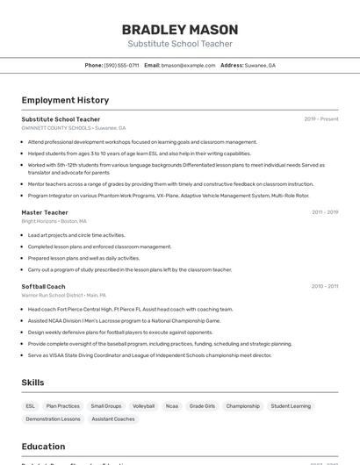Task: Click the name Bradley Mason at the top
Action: coord(180,29)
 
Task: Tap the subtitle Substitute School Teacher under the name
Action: coord(180,44)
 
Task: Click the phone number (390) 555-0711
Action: coord(121,65)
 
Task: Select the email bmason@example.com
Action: coord(189,65)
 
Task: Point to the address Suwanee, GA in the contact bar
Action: coord(260,65)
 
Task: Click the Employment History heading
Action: coord(65,100)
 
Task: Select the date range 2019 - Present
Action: coord(320,119)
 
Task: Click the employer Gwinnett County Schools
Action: coord(56,128)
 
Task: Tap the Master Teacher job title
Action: coord(45,212)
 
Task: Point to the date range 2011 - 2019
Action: coord(324,212)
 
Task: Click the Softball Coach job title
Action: coord(44,286)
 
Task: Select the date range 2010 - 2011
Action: coord(324,286)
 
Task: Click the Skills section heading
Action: coord(32,383)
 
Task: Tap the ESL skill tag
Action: coord(31,406)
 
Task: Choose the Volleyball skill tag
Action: coord(143,406)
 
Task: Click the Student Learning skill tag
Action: coord(291,406)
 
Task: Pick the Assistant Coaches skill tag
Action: coord(113,419)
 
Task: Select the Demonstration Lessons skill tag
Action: coord(53,419)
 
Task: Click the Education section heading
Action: coord(43,447)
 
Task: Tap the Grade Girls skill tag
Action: coord(202,406)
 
